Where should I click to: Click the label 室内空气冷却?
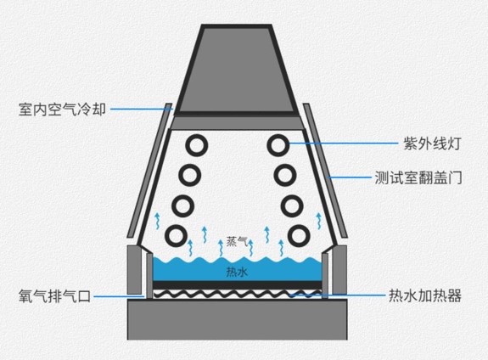62,110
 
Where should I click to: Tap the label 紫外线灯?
432,143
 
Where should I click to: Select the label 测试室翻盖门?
418,177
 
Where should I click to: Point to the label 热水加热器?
425,295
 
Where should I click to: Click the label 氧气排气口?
55,295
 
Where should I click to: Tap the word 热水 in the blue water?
237,273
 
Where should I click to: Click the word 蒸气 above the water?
237,241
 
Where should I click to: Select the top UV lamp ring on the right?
278,145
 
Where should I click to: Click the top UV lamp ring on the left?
197,145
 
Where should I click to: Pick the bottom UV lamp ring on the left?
177,236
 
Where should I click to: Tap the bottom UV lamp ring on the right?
299,236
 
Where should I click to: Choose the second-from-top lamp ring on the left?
189,175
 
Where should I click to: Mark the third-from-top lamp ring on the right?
292,206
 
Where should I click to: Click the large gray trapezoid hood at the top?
237,70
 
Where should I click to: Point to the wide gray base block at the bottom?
237,319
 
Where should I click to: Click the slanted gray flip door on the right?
325,171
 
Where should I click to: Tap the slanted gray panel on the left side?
149,171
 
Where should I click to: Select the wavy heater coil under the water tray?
237,294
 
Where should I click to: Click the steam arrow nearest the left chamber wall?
158,221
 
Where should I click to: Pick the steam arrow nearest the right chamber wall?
319,221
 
